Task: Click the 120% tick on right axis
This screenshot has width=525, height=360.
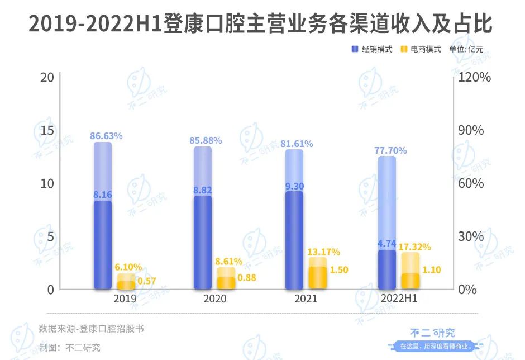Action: coord(474,77)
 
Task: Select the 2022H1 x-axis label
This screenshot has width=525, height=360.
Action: coord(399,299)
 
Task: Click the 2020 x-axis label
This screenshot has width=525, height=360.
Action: coord(215,299)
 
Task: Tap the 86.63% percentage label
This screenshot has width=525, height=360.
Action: coord(106,136)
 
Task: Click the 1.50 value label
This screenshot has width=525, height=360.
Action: coord(339,270)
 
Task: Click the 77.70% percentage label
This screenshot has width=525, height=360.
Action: coord(390,150)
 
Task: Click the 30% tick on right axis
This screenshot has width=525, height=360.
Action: coord(471,236)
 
